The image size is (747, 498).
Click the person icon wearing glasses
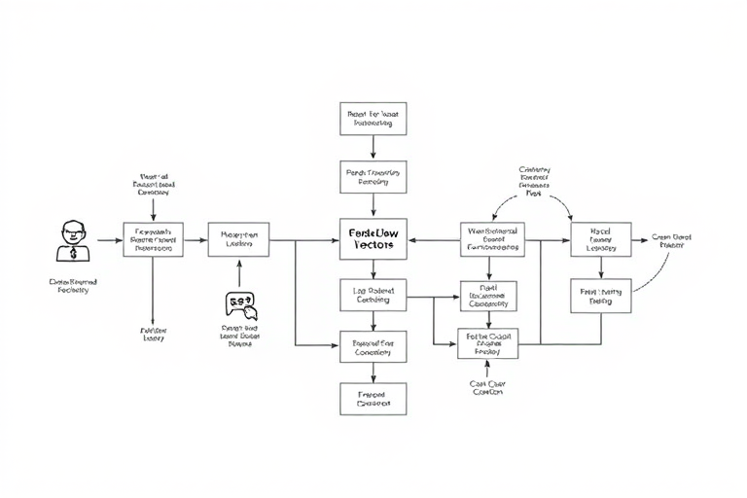73,239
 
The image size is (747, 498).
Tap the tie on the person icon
73,253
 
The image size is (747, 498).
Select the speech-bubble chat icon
240,305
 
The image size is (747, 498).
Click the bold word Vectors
373,246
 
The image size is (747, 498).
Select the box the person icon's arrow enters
153,239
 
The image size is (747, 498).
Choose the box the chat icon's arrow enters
238,239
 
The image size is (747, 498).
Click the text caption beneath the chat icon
240,336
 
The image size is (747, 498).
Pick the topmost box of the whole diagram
373,119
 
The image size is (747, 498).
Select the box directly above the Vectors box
373,176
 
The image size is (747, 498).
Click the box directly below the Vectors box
373,295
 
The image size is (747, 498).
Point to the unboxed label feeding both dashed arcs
534,181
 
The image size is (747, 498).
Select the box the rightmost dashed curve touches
601,296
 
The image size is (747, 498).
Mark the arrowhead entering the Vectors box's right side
411,239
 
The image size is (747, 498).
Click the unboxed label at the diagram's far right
670,240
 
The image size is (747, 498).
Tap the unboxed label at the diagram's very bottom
487,387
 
